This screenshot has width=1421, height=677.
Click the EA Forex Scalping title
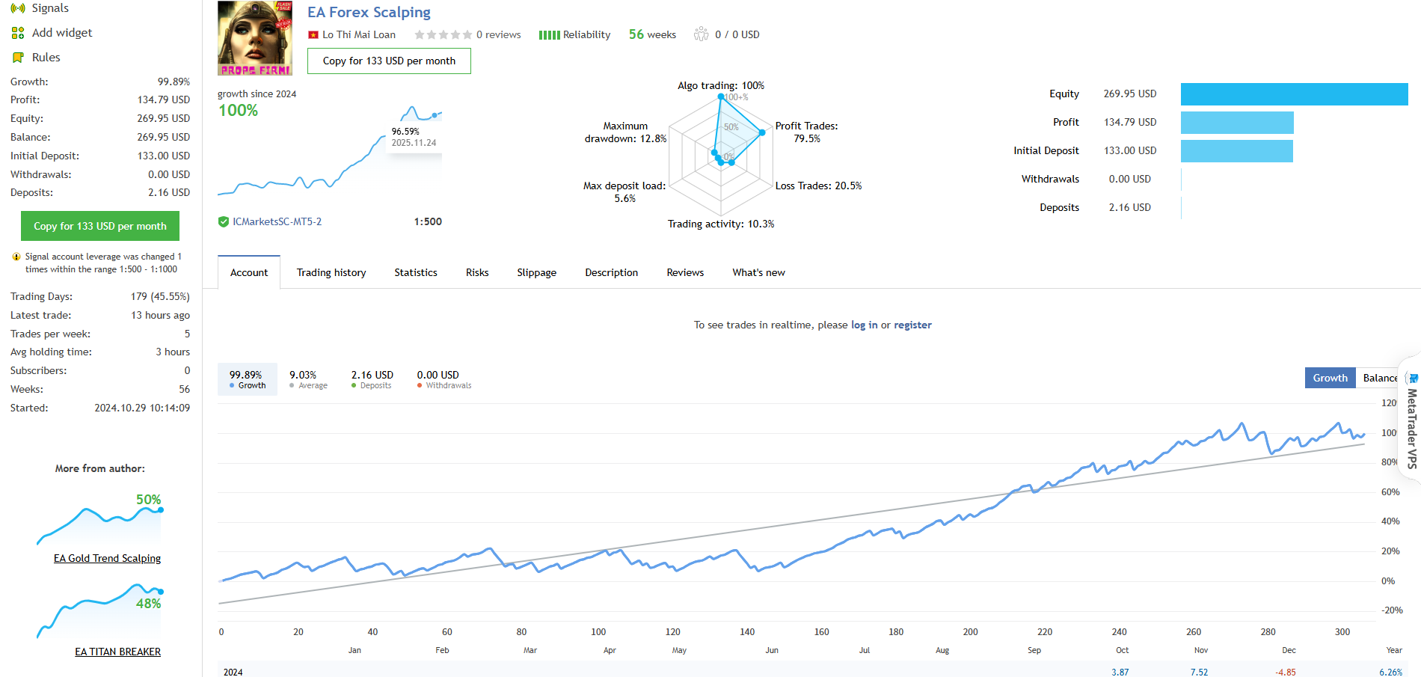(369, 13)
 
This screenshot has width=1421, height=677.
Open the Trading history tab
(331, 272)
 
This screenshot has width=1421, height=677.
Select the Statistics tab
(416, 272)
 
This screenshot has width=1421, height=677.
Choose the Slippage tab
(536, 272)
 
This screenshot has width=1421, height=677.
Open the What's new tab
(758, 272)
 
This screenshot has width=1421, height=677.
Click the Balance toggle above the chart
(1379, 378)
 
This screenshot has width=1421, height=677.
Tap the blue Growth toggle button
(1330, 378)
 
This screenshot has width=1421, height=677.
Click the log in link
(864, 325)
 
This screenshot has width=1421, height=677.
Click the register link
(912, 325)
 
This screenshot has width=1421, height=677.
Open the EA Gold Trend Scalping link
(107, 558)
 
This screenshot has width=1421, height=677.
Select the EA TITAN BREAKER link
(117, 652)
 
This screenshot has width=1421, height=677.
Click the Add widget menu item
(62, 33)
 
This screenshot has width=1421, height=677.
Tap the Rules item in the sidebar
(46, 58)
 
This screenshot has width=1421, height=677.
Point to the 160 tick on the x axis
(821, 632)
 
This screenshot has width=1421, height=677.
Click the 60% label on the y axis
(1390, 492)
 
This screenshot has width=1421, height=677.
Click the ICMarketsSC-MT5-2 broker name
(277, 221)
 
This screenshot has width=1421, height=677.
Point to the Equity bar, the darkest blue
(1294, 94)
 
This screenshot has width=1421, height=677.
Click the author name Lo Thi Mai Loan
(358, 34)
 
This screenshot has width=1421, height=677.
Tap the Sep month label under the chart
(1034, 650)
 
